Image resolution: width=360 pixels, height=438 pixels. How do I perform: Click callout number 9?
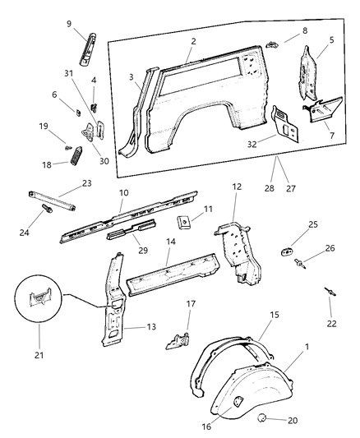coord(69,23)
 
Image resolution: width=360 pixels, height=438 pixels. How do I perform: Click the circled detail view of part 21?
coord(38,309)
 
